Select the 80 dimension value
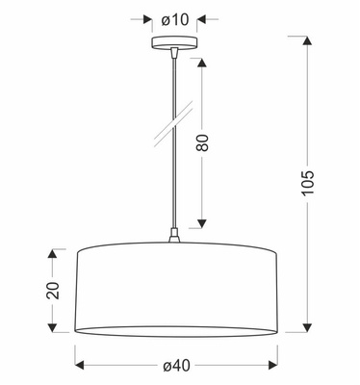coord(203,144)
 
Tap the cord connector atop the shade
coord(174,237)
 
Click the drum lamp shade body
coord(174,284)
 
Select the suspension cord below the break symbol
coord(174,183)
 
